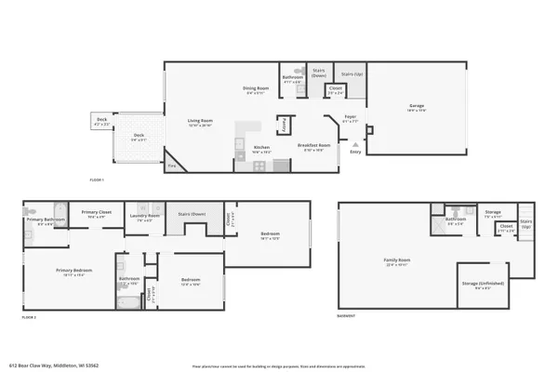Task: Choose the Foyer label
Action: click(351, 119)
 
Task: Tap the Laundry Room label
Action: click(145, 219)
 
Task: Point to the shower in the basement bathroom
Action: click(436, 223)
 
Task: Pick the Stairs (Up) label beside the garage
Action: click(352, 73)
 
